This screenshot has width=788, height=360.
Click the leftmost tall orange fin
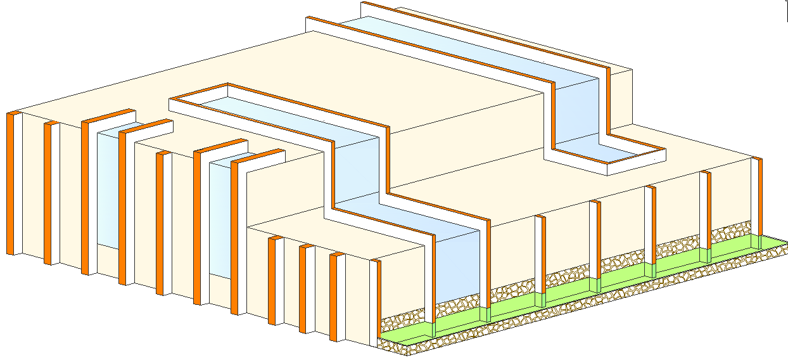click(x=11, y=184)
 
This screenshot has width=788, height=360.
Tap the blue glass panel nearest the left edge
click(x=108, y=190)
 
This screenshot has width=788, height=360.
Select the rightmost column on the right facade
click(x=756, y=196)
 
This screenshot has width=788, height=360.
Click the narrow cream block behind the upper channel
click(x=621, y=95)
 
